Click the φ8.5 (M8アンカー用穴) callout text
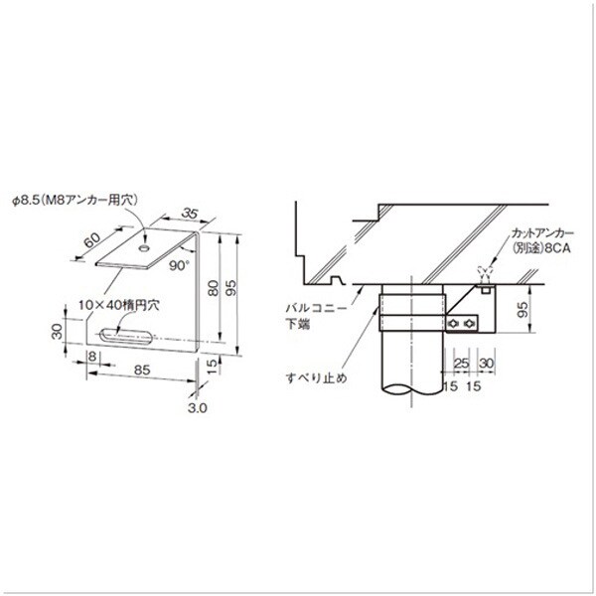tap(74, 201)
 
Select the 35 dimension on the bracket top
tap(190, 214)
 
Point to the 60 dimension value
tap(91, 240)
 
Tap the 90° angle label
tap(179, 265)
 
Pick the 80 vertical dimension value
tap(214, 288)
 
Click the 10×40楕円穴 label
tap(119, 305)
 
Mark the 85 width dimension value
tap(142, 370)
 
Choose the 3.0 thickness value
tap(198, 408)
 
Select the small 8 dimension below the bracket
tap(92, 357)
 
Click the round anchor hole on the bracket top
tap(144, 248)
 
